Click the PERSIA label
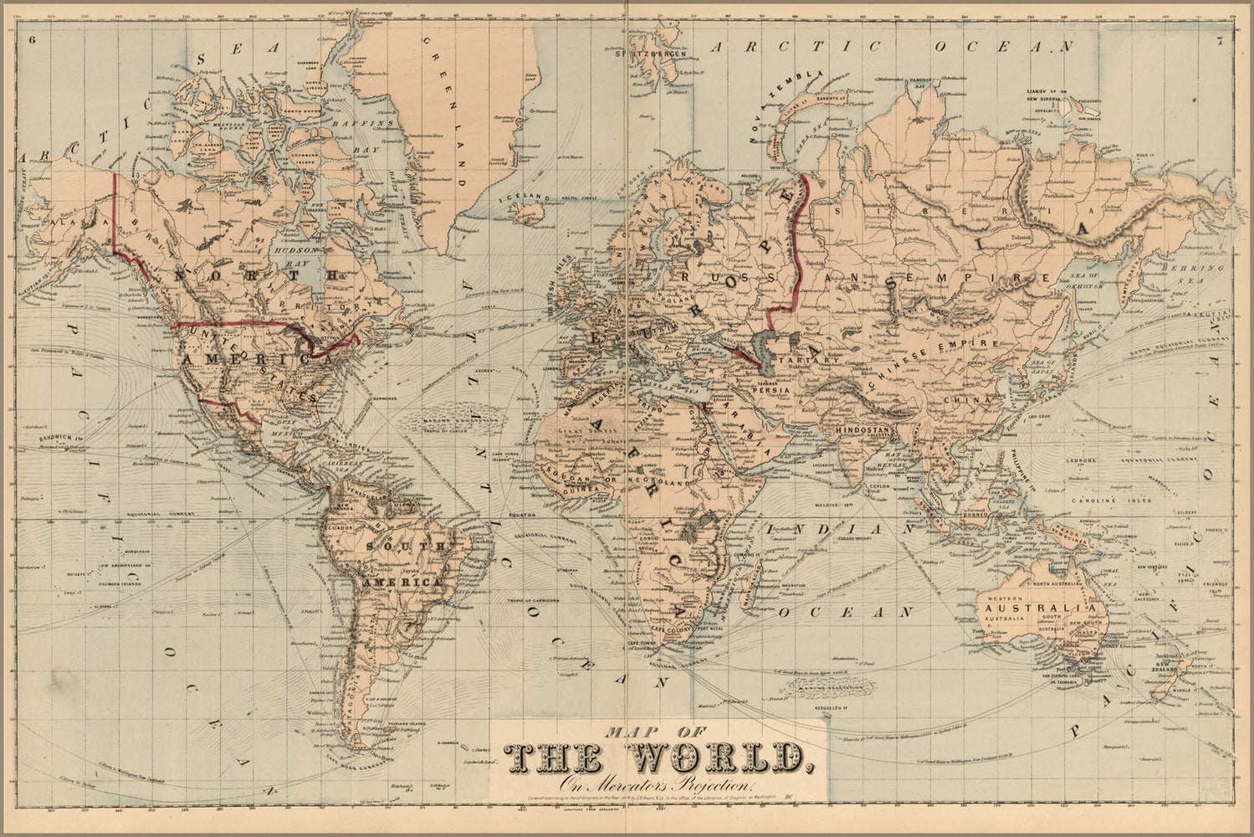click(x=765, y=388)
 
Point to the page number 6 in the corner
click(x=32, y=39)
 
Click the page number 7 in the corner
click(x=1221, y=39)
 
